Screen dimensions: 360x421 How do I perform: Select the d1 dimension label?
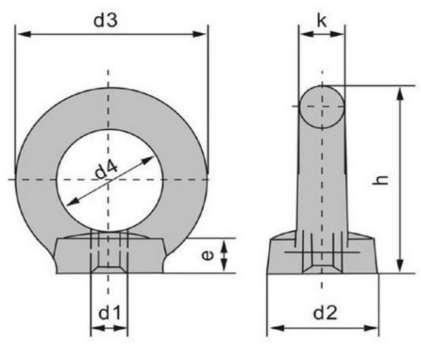[109, 309]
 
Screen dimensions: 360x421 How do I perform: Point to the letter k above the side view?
[321, 20]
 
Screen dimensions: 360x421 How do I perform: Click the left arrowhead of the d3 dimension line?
[20, 32]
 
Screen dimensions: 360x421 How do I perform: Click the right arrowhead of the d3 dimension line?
[203, 32]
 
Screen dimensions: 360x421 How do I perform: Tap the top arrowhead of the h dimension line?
[401, 91]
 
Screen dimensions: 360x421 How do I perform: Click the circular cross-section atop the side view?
[322, 105]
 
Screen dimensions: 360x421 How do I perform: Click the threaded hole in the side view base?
[322, 260]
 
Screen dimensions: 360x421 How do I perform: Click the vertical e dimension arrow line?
[224, 255]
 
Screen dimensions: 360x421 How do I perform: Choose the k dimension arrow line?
[321, 32]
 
